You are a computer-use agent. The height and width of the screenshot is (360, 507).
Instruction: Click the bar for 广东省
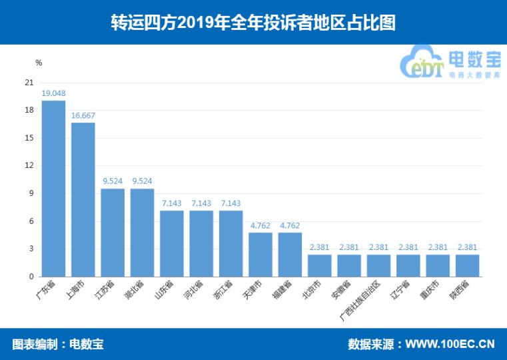pyautogui.click(x=53, y=188)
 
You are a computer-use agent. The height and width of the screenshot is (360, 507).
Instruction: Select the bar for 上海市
pyautogui.click(x=83, y=199)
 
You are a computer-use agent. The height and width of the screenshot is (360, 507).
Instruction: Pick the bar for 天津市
pyautogui.click(x=260, y=254)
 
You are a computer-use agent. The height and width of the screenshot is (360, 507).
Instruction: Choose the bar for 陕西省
pyautogui.click(x=467, y=265)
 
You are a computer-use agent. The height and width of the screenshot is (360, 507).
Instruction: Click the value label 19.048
pyautogui.click(x=53, y=93)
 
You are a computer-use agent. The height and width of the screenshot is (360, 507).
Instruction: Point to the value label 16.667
pyautogui.click(x=83, y=115)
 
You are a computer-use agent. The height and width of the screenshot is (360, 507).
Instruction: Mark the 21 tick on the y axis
pyautogui.click(x=29, y=83)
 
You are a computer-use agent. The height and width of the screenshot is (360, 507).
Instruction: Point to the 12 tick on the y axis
pyautogui.click(x=29, y=165)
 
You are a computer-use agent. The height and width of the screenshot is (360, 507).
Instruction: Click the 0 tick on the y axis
pyautogui.click(x=31, y=276)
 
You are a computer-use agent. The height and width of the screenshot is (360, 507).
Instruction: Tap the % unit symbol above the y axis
pyautogui.click(x=39, y=63)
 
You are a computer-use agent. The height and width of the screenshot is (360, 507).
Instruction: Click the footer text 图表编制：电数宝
pyautogui.click(x=58, y=344)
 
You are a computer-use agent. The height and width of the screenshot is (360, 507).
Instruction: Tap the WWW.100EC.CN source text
pyautogui.click(x=450, y=344)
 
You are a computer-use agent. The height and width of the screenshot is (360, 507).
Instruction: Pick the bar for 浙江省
pyautogui.click(x=231, y=243)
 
